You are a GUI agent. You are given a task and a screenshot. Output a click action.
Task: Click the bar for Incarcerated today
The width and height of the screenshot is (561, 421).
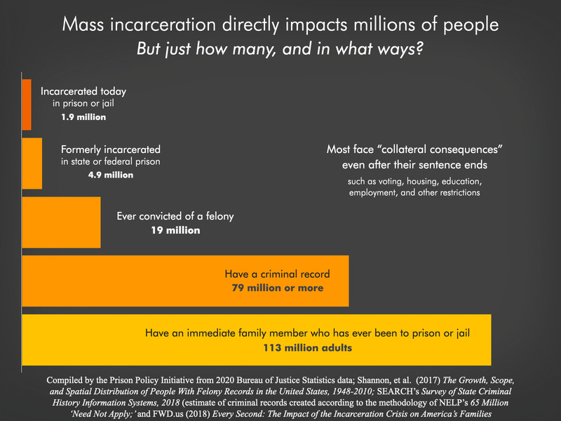pos(27,105)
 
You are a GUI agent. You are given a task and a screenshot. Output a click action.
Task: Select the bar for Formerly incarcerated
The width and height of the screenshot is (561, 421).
pos(32,163)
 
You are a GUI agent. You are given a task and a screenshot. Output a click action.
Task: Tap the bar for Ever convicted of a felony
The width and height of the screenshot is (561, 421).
pos(62,222)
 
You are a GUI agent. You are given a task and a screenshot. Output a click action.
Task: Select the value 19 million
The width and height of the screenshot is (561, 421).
pos(176,230)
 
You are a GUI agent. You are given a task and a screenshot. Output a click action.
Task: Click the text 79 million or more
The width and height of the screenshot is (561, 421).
pos(277,288)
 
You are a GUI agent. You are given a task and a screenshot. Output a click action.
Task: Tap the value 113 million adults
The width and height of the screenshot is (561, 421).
pos(307,348)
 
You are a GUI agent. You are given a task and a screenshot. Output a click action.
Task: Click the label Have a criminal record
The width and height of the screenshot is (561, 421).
pos(277,274)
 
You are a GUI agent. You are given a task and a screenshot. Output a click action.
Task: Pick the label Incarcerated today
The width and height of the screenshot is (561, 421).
pos(83,91)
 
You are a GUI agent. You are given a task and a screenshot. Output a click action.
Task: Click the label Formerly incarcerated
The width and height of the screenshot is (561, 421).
pos(110,149)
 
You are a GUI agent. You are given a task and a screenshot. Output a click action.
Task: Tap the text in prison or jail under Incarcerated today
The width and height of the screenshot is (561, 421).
pos(83,105)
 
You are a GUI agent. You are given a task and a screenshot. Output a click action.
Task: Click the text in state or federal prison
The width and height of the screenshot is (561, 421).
pos(110,162)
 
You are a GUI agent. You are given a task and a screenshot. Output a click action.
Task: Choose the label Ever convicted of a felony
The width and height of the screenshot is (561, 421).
pos(176,217)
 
